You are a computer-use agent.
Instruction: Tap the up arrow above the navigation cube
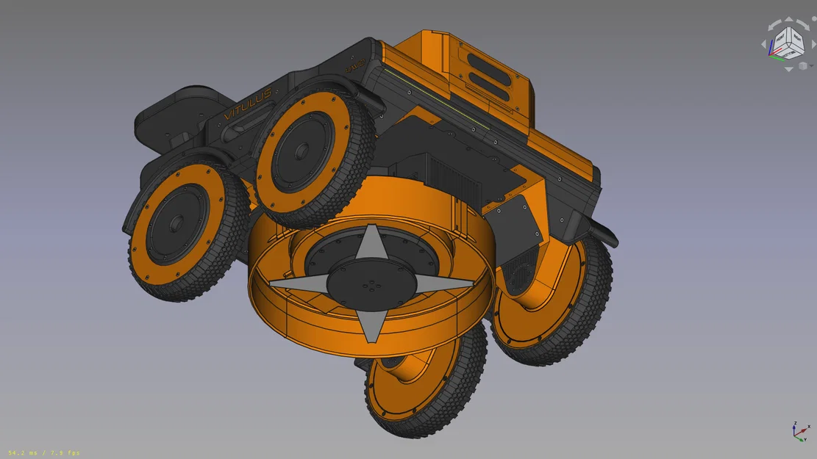(x=787, y=19)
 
